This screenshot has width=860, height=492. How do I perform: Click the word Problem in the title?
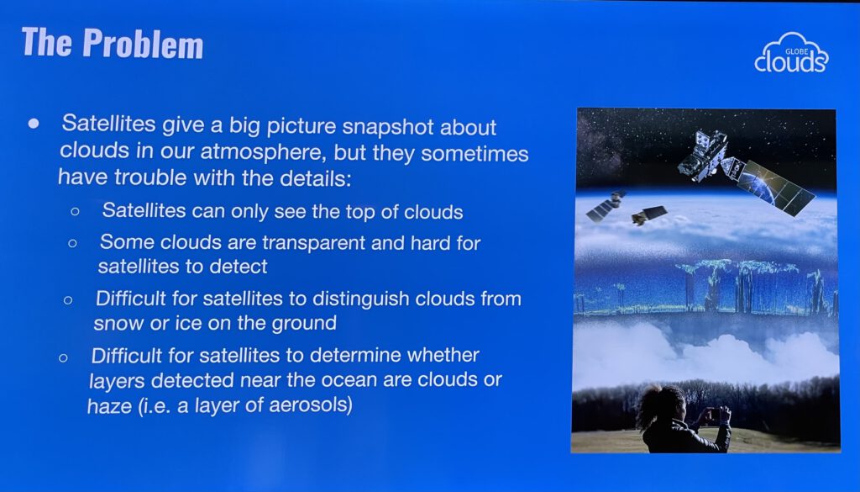[143, 43]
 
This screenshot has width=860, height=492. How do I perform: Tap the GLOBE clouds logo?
[791, 53]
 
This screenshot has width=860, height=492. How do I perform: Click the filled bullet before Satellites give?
[34, 124]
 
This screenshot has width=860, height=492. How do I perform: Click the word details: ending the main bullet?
[316, 177]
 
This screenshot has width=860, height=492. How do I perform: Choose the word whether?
[443, 355]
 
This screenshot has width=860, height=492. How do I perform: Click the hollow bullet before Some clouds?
[72, 243]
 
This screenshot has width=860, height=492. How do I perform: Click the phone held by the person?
[713, 414]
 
